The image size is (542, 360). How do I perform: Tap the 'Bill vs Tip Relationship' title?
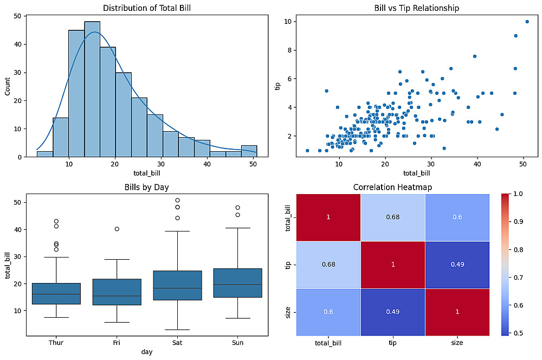tap(417, 8)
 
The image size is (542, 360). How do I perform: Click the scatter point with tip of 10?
tap(527, 22)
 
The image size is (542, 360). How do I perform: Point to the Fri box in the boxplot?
tap(117, 292)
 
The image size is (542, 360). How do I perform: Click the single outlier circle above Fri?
tap(117, 229)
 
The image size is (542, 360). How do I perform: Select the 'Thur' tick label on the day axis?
tap(56, 343)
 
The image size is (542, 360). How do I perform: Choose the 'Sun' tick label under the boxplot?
tap(238, 343)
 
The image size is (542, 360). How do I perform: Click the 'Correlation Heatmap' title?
tap(392, 188)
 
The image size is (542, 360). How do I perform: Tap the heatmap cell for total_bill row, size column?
tap(458, 217)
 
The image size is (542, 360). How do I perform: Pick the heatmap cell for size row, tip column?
tap(392, 312)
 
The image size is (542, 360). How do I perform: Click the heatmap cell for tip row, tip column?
tap(392, 265)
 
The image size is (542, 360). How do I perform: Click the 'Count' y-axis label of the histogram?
tap(8, 86)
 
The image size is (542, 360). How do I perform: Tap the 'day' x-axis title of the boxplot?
tap(146, 352)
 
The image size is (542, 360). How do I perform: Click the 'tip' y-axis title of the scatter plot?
tap(278, 86)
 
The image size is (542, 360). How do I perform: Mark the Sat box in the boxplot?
tap(178, 285)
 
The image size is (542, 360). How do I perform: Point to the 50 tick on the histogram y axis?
tap(17, 16)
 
